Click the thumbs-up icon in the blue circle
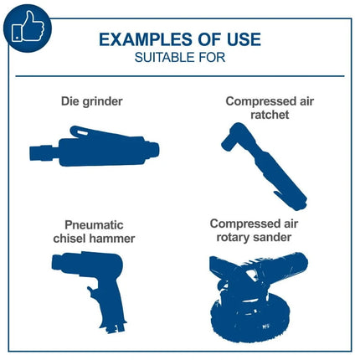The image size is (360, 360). (28, 27)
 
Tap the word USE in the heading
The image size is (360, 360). (244, 39)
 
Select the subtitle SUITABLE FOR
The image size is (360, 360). (180, 58)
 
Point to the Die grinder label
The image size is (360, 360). (92, 101)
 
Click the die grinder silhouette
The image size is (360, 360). (95, 147)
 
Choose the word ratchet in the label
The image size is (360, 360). (270, 115)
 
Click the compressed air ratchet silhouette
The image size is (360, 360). (264, 167)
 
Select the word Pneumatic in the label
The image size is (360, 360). (94, 225)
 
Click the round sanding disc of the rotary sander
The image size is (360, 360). (249, 318)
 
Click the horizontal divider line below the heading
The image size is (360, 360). (180, 76)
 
